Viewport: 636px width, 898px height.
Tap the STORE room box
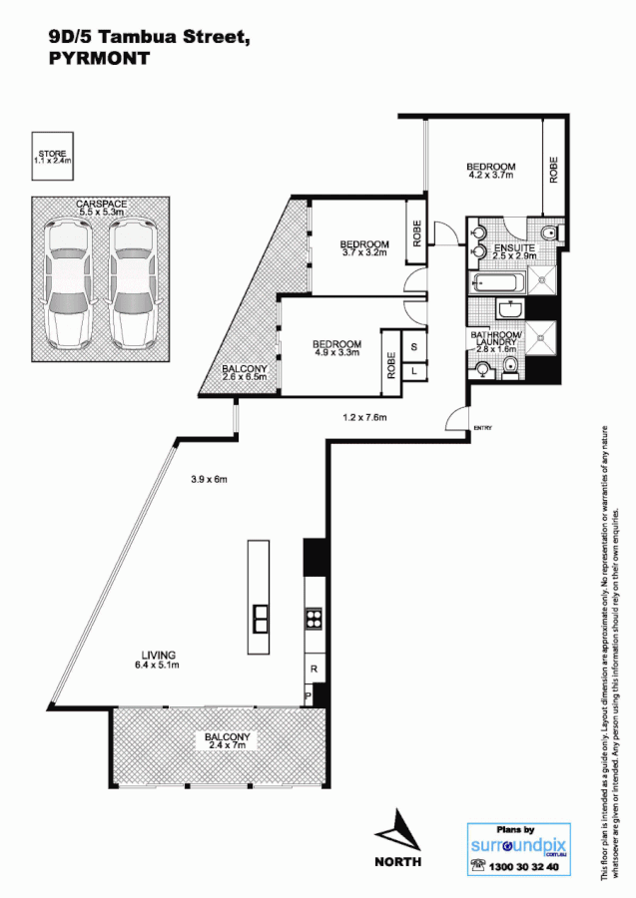coord(52,157)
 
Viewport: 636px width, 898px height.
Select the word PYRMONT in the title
coord(99,59)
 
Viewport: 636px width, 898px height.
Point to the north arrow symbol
coord(397,829)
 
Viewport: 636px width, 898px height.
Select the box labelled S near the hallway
coord(413,347)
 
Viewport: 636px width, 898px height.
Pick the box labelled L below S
coord(413,370)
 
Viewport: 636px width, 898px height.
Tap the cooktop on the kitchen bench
coord(314,618)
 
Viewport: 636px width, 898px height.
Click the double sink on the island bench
coord(260,619)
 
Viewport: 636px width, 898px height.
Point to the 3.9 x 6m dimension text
coord(210,479)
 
